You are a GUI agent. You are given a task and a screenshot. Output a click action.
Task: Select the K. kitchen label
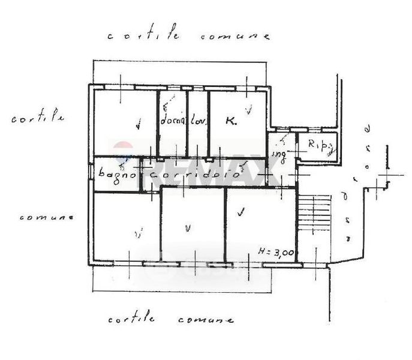231,121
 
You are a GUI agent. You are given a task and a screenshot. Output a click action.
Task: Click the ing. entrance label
279,154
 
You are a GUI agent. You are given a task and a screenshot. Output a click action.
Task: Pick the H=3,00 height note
276,252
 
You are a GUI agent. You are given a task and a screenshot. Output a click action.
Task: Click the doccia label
173,121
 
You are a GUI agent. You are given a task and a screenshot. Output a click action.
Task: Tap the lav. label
199,121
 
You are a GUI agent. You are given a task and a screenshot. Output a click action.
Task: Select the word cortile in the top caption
143,36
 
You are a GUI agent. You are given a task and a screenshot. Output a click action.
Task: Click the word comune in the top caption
234,36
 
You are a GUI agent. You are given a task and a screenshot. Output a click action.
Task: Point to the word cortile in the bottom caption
131,319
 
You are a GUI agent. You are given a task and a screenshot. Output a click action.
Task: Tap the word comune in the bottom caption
206,319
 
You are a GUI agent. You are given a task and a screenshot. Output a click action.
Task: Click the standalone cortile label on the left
38,118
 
